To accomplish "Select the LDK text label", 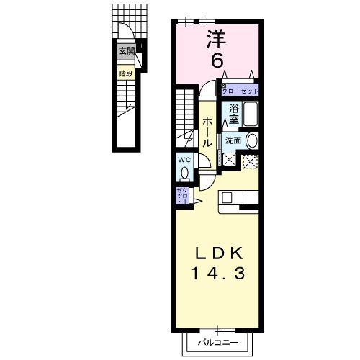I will tap(220, 254).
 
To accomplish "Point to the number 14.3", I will tap(220, 274).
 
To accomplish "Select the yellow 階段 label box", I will tap(127, 73).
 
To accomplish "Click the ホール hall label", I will tap(207, 133).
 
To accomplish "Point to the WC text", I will tap(184, 160).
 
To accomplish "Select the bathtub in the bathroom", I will tap(251, 115).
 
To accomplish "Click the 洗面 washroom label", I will tap(232, 140).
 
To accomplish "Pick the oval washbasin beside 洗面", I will tap(251, 140).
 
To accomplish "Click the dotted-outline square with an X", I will tap(250, 163).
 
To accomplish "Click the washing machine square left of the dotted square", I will tap(230, 161).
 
